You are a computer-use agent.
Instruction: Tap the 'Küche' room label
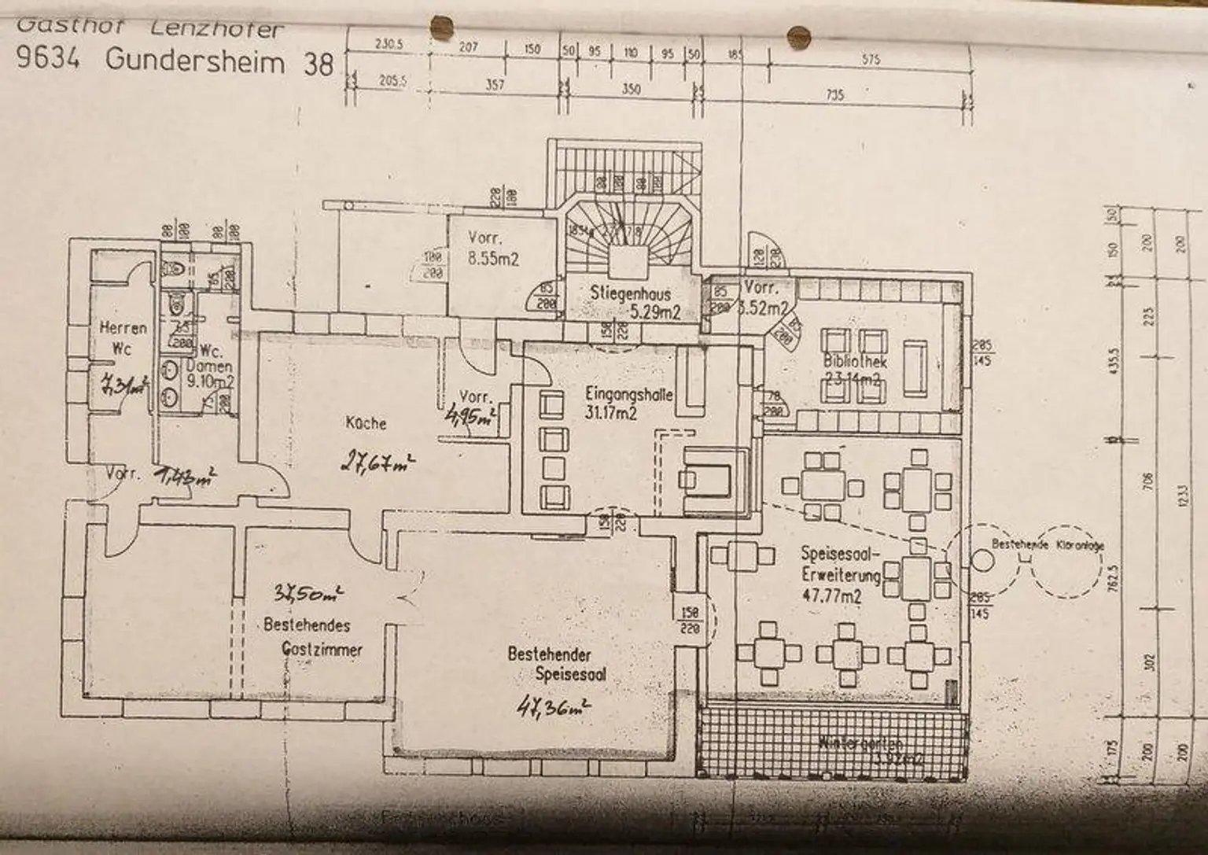(366, 423)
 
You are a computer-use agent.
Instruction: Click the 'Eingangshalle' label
(629, 394)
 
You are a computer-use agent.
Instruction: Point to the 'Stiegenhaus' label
(631, 294)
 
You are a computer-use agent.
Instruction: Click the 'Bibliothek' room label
(855, 363)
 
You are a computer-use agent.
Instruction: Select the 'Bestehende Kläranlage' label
(1047, 544)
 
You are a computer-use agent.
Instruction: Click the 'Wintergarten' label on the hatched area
(860, 742)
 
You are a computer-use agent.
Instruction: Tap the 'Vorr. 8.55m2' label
(493, 248)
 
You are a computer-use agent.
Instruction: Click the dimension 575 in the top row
(871, 59)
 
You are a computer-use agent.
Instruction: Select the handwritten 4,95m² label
(470, 415)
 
